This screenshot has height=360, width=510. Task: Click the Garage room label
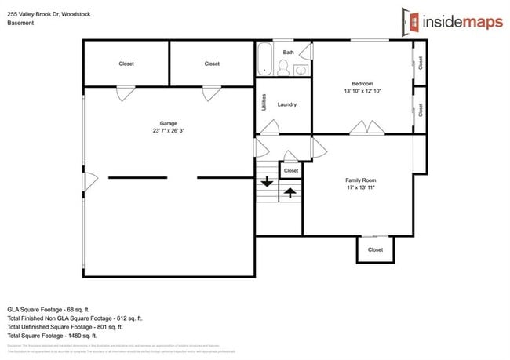tap(168, 123)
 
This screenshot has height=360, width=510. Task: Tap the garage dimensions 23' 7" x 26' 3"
tap(168, 131)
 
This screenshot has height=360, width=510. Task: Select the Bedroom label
tap(362, 84)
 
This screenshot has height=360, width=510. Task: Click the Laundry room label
tap(286, 104)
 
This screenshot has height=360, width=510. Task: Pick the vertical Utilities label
tap(264, 104)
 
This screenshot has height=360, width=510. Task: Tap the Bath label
tap(288, 53)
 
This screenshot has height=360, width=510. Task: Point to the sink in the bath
tap(301, 71)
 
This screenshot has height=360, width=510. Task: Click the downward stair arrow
tap(267, 181)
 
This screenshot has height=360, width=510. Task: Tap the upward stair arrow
tap(290, 191)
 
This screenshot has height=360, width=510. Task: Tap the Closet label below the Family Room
tap(375, 249)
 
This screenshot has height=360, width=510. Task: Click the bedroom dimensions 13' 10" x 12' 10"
tap(362, 92)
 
